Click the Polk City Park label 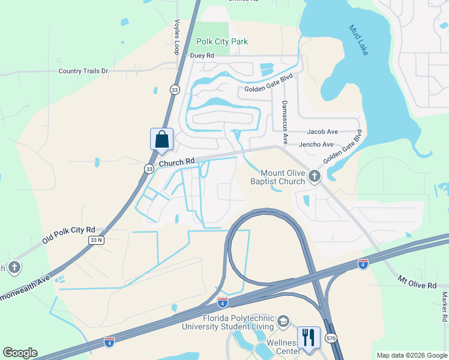pos(222,42)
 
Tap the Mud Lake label pos(358,40)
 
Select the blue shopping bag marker pos(161,139)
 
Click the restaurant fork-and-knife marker pos(309,337)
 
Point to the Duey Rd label pos(202,56)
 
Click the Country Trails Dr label pos(83,71)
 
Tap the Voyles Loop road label pos(177,37)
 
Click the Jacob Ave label pos(322,131)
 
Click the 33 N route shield pos(96,240)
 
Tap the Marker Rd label pos(445,306)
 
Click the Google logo pos(20,353)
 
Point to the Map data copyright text pos(411,355)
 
